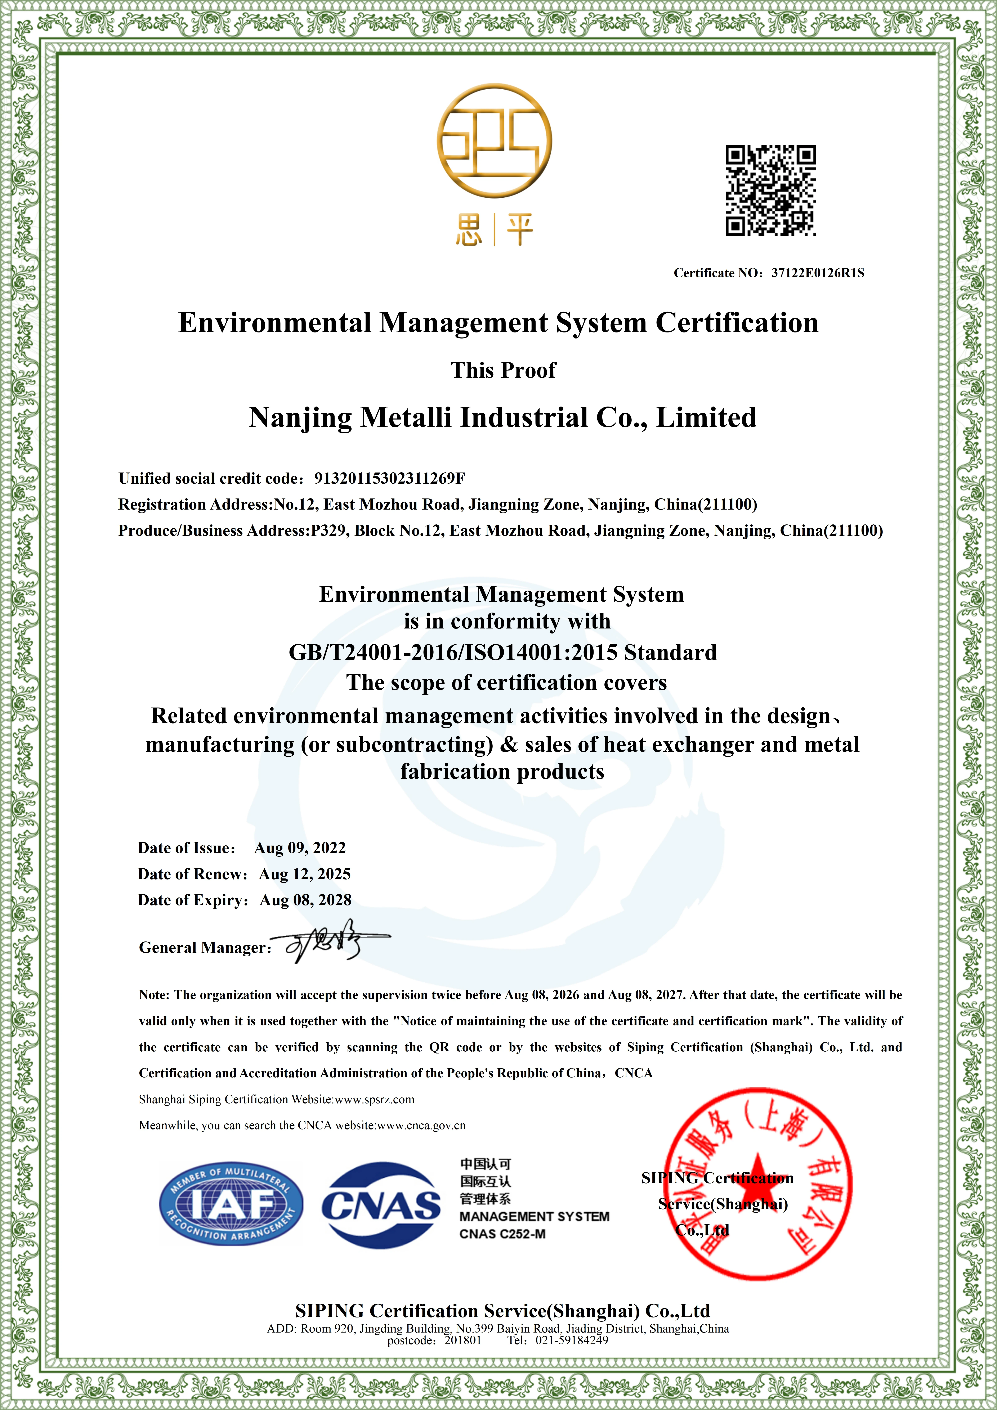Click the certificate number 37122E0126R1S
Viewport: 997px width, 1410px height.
[817, 273]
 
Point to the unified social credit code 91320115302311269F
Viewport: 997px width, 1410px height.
[389, 478]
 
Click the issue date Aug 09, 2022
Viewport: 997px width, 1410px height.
[300, 848]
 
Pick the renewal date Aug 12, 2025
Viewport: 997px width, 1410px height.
[305, 874]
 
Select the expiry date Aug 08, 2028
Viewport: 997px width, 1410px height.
[305, 900]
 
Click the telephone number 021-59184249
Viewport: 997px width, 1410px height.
[571, 1341]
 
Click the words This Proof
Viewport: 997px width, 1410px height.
[503, 370]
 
